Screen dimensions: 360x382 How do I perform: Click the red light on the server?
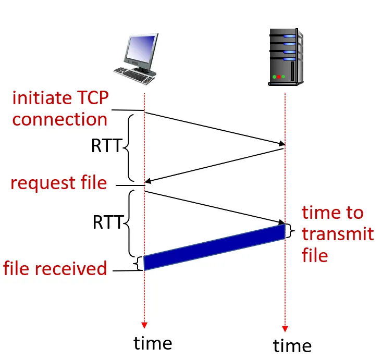tap(279, 77)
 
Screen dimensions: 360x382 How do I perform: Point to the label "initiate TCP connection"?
tap(59, 108)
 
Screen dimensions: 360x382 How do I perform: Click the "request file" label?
tap(58, 183)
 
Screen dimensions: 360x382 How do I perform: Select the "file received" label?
tap(55, 268)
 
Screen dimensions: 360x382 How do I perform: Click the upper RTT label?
tap(106, 146)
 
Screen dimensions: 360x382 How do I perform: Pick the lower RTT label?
tap(108, 222)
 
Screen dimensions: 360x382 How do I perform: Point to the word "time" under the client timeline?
tap(153, 343)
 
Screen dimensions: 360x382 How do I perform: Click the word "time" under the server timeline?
tap(292, 345)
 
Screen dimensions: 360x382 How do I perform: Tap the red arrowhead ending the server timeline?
tap(285, 328)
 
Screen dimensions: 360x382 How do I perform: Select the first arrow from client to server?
tap(214, 128)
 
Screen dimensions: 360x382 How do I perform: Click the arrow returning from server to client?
tap(214, 165)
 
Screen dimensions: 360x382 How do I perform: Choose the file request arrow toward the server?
tap(214, 208)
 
